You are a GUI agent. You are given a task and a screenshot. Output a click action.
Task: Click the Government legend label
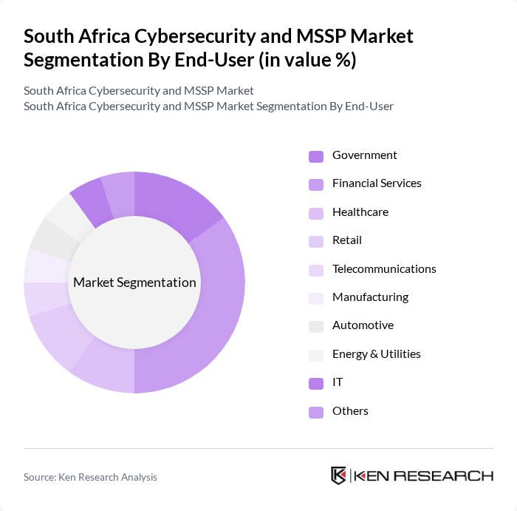(x=364, y=155)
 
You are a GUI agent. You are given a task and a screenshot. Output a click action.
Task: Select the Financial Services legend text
(x=377, y=183)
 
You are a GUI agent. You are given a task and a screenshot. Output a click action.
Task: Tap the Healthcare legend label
(x=360, y=212)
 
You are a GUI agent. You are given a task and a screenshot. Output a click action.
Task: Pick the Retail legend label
(x=346, y=240)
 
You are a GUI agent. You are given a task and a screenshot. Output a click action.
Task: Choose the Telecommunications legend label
(x=384, y=269)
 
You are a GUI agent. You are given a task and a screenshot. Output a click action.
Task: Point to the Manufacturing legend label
(x=370, y=297)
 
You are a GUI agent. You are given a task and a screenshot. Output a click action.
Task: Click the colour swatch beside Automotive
(x=316, y=326)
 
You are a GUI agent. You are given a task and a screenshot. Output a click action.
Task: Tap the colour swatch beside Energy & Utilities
(x=316, y=354)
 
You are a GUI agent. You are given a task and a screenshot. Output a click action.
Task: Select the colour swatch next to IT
(x=316, y=383)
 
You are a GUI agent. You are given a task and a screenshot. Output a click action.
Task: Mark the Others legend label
(x=350, y=411)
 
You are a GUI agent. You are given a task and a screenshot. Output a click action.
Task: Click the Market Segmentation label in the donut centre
(x=134, y=282)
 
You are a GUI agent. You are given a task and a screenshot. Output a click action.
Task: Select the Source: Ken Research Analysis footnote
(x=90, y=477)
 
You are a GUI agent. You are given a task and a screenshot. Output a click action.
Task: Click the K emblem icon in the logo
(x=338, y=476)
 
